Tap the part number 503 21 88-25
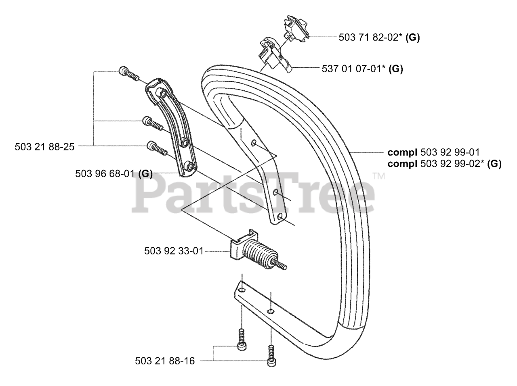click(x=44, y=147)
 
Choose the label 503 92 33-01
click(x=174, y=251)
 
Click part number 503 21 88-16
click(x=165, y=361)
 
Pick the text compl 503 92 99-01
click(x=433, y=152)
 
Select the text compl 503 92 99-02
click(x=444, y=164)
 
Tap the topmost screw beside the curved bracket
click(x=129, y=74)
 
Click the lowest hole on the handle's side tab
click(x=278, y=218)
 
